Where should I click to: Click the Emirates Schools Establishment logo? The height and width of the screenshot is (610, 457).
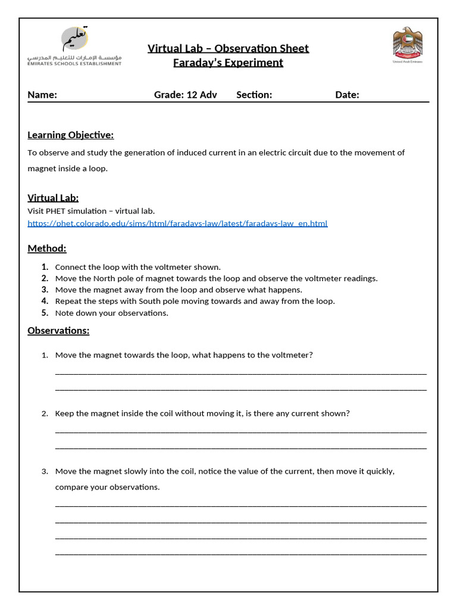74,46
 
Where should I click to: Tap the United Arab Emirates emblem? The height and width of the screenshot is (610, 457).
408,45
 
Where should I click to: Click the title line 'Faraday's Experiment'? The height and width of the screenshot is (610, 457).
228,63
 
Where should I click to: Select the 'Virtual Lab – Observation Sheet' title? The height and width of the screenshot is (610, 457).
228,48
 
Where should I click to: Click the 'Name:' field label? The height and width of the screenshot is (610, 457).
42,95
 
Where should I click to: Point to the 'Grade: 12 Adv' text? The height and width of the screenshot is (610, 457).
186,95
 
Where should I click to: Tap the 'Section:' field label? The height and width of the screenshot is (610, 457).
254,95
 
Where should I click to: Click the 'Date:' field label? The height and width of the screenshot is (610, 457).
347,95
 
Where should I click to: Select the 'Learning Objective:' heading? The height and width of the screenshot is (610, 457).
70,135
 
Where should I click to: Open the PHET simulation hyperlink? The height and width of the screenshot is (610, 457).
177,223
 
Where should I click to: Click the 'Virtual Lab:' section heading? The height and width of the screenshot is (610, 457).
53,198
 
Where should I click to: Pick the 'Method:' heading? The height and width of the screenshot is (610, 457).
47,248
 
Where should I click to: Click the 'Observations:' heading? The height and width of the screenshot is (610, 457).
58,331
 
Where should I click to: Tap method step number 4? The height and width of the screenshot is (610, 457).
45,301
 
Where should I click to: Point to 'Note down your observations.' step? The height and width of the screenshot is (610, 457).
112,313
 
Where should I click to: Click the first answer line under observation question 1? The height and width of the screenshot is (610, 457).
240,374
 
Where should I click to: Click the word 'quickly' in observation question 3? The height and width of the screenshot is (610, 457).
378,471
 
